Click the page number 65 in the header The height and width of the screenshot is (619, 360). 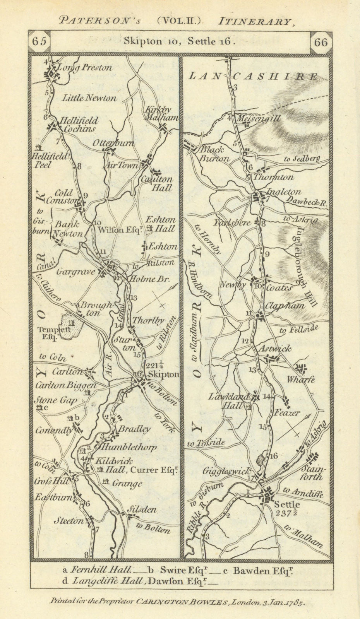(x=39, y=42)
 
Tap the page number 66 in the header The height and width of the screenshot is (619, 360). (x=321, y=42)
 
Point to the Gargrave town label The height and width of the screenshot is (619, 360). (x=75, y=272)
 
